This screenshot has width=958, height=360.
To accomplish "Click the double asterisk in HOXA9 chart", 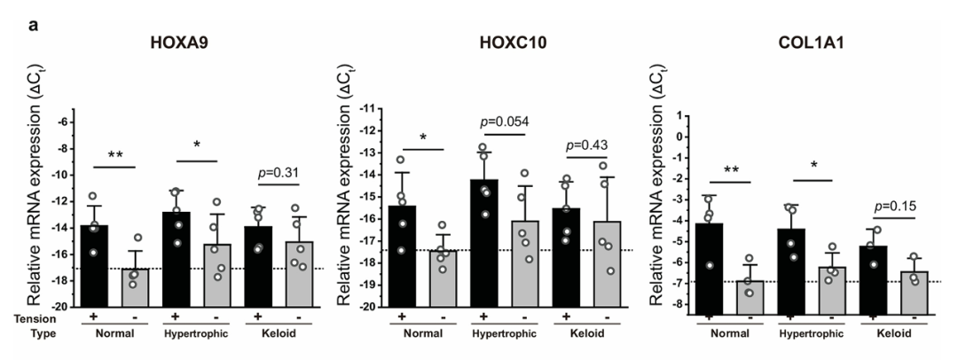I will click(x=117, y=154).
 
